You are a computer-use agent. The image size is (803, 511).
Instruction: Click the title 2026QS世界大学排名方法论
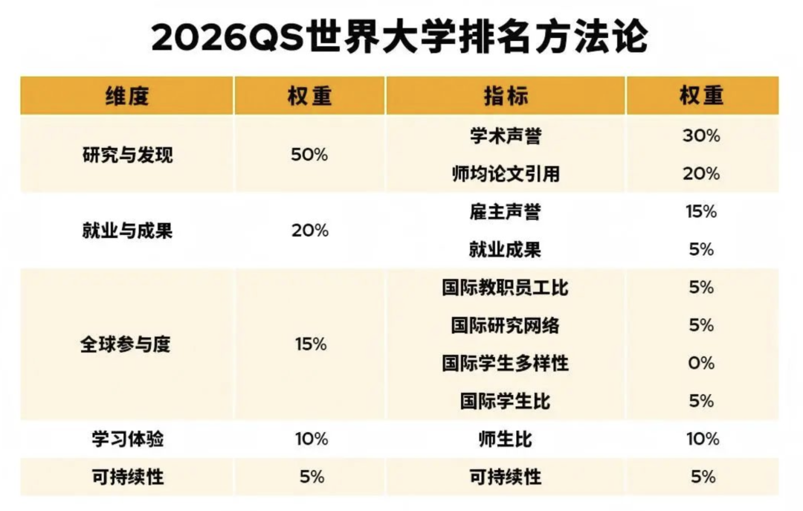pos(399,38)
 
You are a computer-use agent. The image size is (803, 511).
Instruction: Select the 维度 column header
pos(127,96)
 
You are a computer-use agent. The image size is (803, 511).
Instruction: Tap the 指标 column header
pos(506,96)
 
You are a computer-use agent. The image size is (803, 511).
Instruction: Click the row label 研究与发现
pos(127,155)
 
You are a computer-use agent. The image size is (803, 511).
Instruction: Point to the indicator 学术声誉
pos(506,136)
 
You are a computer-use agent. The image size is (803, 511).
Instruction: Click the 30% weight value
pos(701,136)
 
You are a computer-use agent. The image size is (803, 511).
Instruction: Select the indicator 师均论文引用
pos(506,174)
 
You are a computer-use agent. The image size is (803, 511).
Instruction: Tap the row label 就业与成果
pos(127,231)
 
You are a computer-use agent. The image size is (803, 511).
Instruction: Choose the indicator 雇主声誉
pos(506,212)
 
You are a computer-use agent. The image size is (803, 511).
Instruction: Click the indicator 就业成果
pos(506,250)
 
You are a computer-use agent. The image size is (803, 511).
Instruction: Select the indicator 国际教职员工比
pos(506,288)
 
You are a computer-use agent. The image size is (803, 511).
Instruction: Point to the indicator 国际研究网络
pos(506,326)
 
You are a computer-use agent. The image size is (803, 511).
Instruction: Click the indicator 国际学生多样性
pos(506,364)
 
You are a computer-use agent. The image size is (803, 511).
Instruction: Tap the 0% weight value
pos(701,364)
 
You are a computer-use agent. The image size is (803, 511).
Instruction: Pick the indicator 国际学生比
pos(506,402)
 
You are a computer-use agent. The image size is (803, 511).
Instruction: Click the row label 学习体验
pos(123,440)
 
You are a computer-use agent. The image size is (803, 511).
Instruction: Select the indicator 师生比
pos(506,440)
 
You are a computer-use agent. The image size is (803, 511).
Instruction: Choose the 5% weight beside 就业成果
pos(701,250)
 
